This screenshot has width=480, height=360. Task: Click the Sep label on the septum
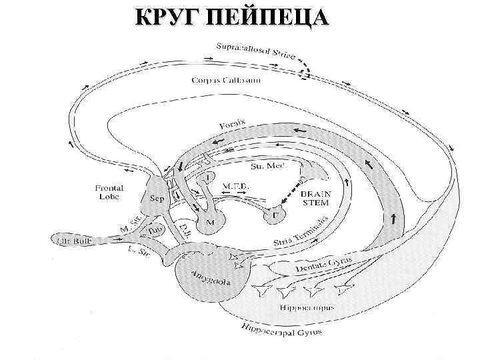point(158,199)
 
